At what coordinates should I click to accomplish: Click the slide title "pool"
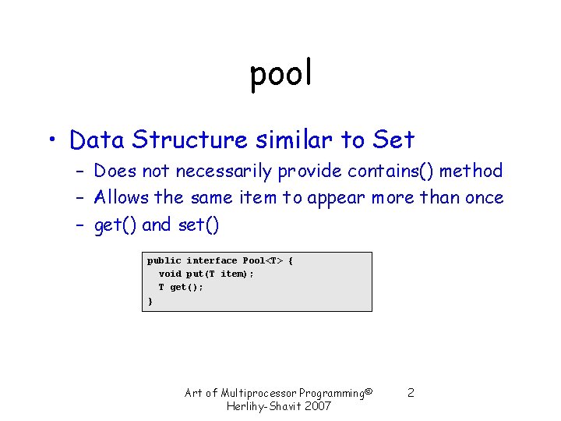(280, 74)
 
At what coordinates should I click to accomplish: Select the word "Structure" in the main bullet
(189, 140)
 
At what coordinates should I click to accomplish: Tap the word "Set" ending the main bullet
(393, 140)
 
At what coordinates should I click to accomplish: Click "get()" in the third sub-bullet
(115, 226)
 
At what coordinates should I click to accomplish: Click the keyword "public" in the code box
(164, 260)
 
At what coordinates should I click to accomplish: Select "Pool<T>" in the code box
(263, 260)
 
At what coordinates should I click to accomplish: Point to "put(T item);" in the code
(220, 274)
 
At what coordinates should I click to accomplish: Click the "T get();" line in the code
(181, 287)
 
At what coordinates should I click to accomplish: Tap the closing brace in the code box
(150, 300)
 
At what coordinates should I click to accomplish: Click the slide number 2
(411, 393)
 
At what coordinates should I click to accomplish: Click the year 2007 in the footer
(317, 406)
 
